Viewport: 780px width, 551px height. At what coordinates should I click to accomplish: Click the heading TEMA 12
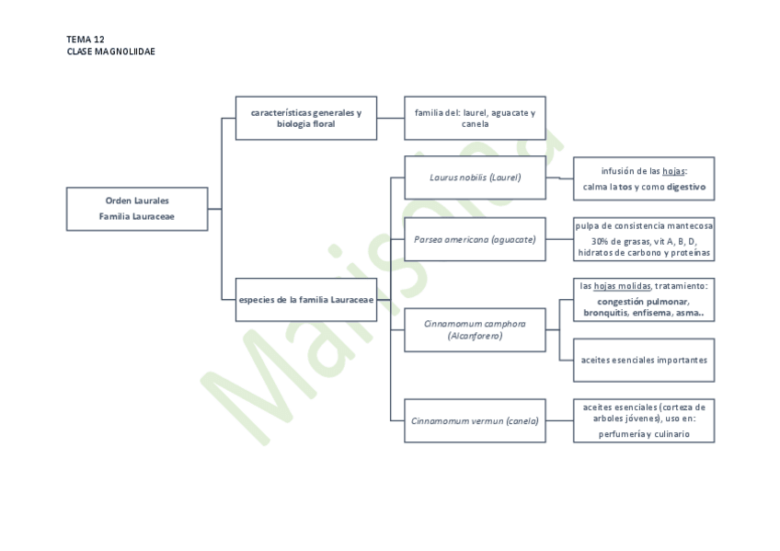(86, 40)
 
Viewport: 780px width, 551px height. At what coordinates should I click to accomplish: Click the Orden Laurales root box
(137, 209)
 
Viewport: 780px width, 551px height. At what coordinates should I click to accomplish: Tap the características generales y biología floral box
(305, 118)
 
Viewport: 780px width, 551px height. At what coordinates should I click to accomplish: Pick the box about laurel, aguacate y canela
(475, 118)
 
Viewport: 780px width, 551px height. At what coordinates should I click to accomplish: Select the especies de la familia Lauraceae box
(305, 300)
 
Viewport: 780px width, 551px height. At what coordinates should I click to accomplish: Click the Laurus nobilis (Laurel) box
(475, 178)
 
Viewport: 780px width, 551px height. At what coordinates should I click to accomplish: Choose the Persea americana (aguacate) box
(475, 239)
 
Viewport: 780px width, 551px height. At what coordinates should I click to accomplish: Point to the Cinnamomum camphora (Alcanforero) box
(475, 329)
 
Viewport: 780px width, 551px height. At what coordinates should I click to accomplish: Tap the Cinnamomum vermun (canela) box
(475, 420)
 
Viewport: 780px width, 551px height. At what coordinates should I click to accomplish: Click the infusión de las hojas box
(644, 178)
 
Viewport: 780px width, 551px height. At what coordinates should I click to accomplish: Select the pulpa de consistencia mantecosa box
(644, 239)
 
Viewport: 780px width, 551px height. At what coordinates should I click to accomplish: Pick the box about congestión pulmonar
(644, 300)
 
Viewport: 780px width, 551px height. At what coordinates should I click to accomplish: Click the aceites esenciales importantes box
(644, 360)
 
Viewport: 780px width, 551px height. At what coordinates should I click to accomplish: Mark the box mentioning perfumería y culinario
(644, 420)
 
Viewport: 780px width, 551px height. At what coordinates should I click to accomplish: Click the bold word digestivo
(686, 187)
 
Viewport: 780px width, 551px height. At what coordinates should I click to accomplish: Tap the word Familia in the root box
(117, 217)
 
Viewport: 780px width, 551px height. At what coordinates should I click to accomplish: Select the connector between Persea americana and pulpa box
(559, 239)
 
